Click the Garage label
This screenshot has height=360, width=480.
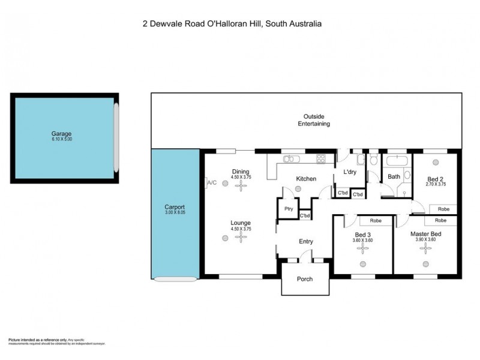point(62,134)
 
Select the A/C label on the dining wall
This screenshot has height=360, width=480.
point(211,182)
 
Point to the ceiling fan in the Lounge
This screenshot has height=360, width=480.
point(241,237)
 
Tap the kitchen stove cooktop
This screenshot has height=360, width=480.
point(321,159)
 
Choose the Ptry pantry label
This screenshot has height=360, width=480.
point(288,209)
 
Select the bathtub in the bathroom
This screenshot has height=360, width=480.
point(396,161)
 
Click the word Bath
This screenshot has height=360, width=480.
point(394,176)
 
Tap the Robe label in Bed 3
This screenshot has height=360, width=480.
point(376,220)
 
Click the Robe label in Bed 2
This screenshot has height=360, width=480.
point(443,209)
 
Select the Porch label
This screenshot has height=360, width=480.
point(305,279)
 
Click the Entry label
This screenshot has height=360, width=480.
point(306,242)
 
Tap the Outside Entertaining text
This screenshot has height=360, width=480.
point(314,120)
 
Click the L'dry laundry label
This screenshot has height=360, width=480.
point(350,172)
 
